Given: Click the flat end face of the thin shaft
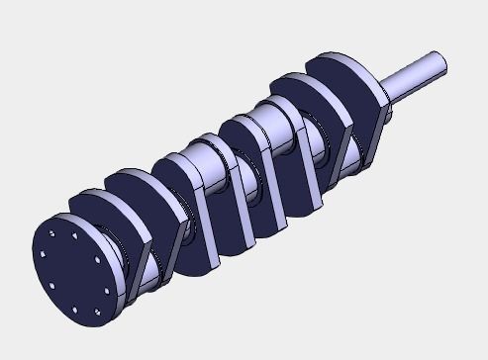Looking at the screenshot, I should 439,65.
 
